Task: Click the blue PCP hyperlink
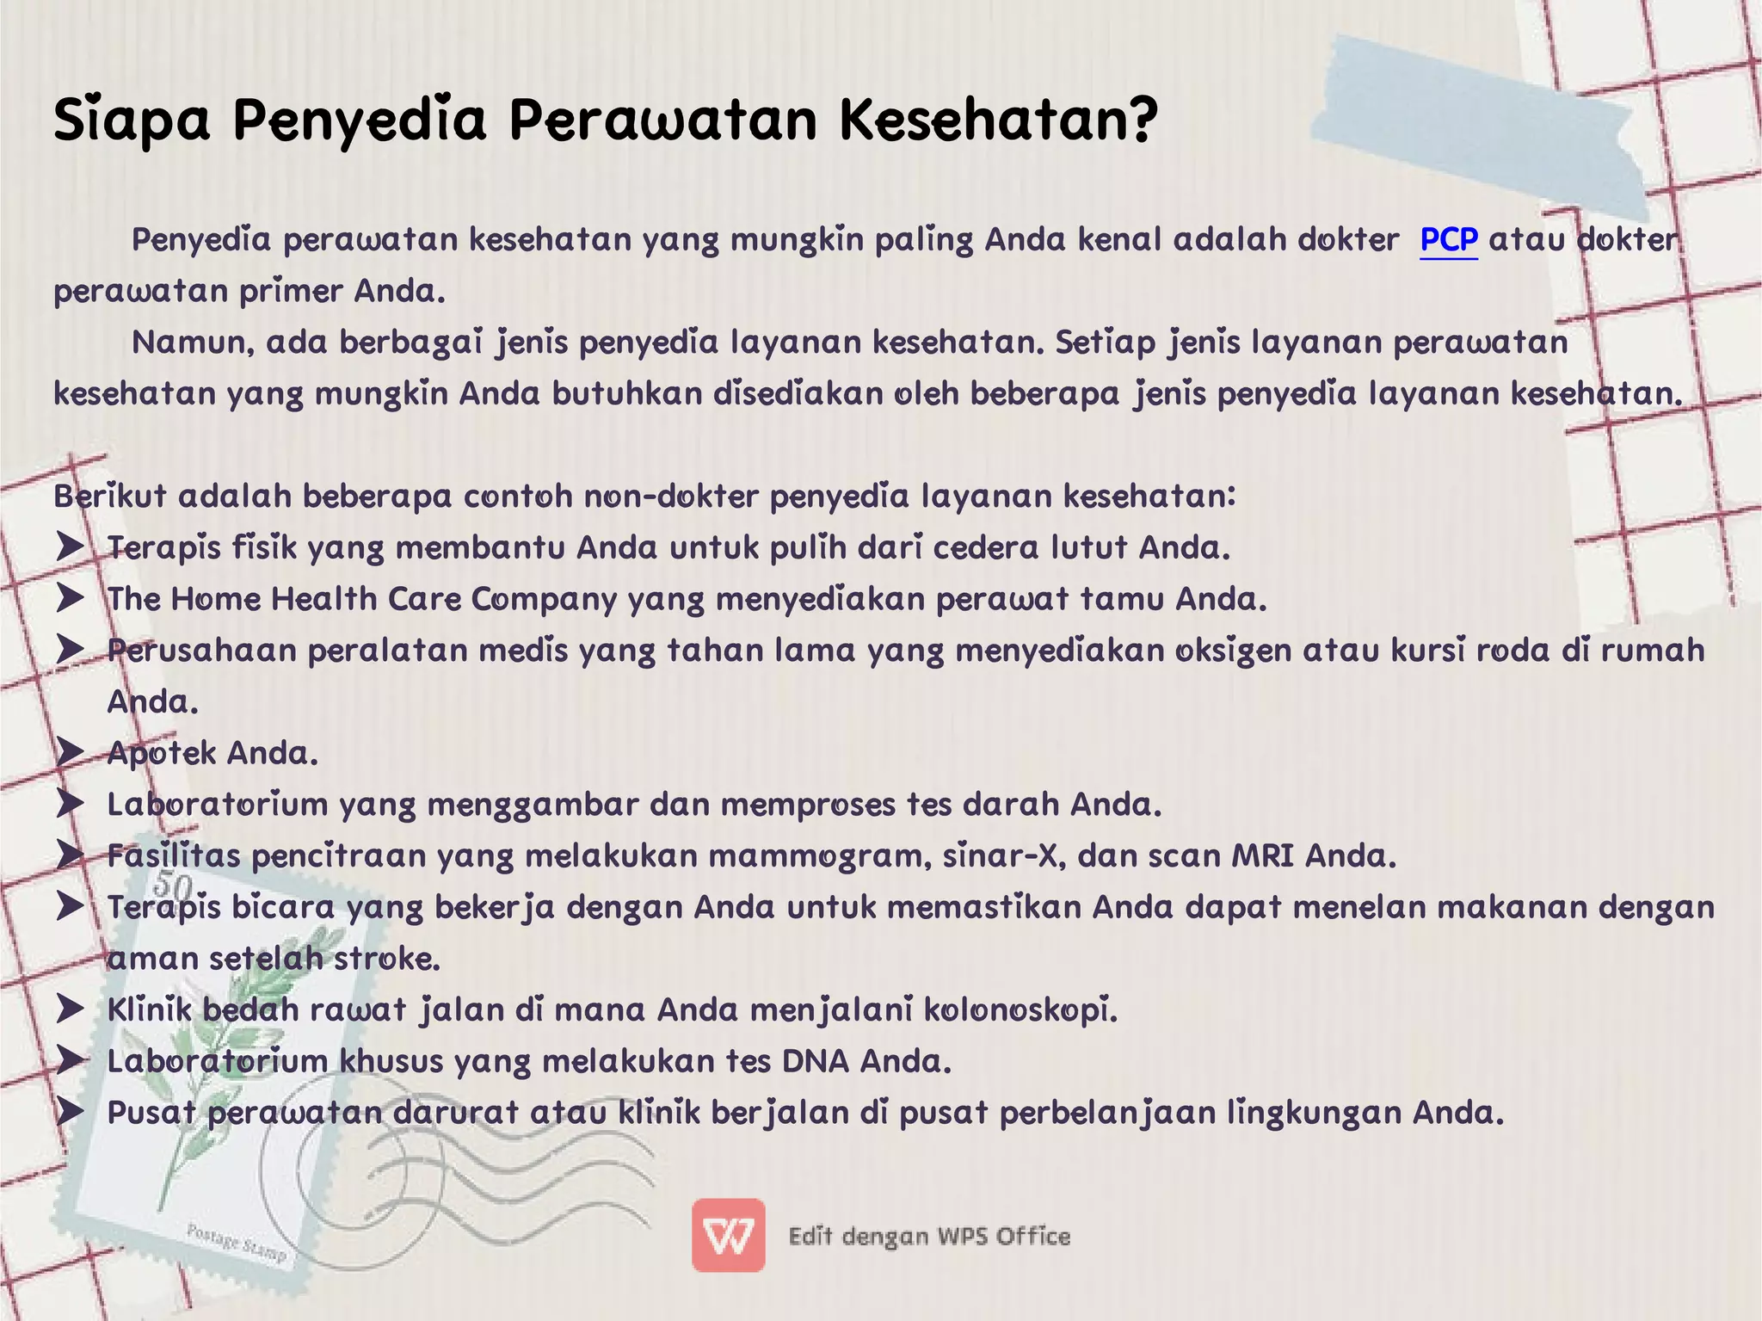(x=1449, y=240)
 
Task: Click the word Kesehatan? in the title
(x=999, y=120)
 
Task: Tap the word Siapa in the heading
(x=132, y=120)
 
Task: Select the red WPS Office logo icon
(x=728, y=1235)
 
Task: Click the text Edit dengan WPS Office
(x=929, y=1237)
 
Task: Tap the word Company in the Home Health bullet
(x=544, y=599)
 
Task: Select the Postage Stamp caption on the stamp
(x=236, y=1244)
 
